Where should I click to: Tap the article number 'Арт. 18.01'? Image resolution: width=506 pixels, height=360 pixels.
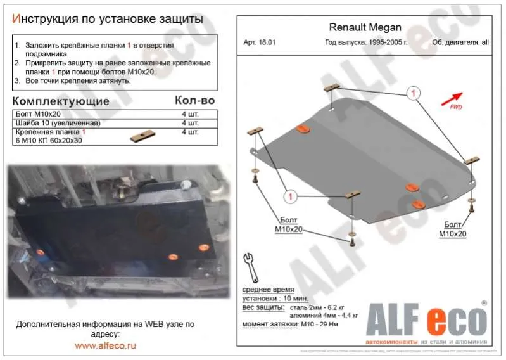[260, 44]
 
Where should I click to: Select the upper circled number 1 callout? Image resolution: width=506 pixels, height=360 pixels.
[412, 94]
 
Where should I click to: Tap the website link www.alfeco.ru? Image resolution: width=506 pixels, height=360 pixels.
[105, 345]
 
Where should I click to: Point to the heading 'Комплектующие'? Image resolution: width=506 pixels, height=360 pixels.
[61, 101]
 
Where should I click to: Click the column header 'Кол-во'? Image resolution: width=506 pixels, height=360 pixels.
[194, 101]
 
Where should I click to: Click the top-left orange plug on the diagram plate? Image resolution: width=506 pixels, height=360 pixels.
[303, 129]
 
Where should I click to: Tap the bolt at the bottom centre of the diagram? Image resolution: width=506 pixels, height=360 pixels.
[350, 240]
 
